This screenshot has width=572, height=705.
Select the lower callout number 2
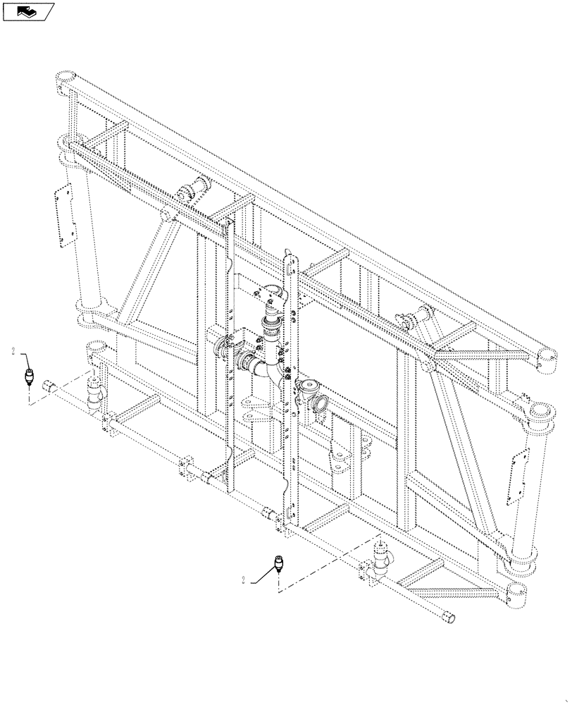(x=244, y=580)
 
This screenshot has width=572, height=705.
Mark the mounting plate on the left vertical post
(x=67, y=216)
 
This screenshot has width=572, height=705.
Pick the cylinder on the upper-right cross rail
(x=424, y=317)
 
